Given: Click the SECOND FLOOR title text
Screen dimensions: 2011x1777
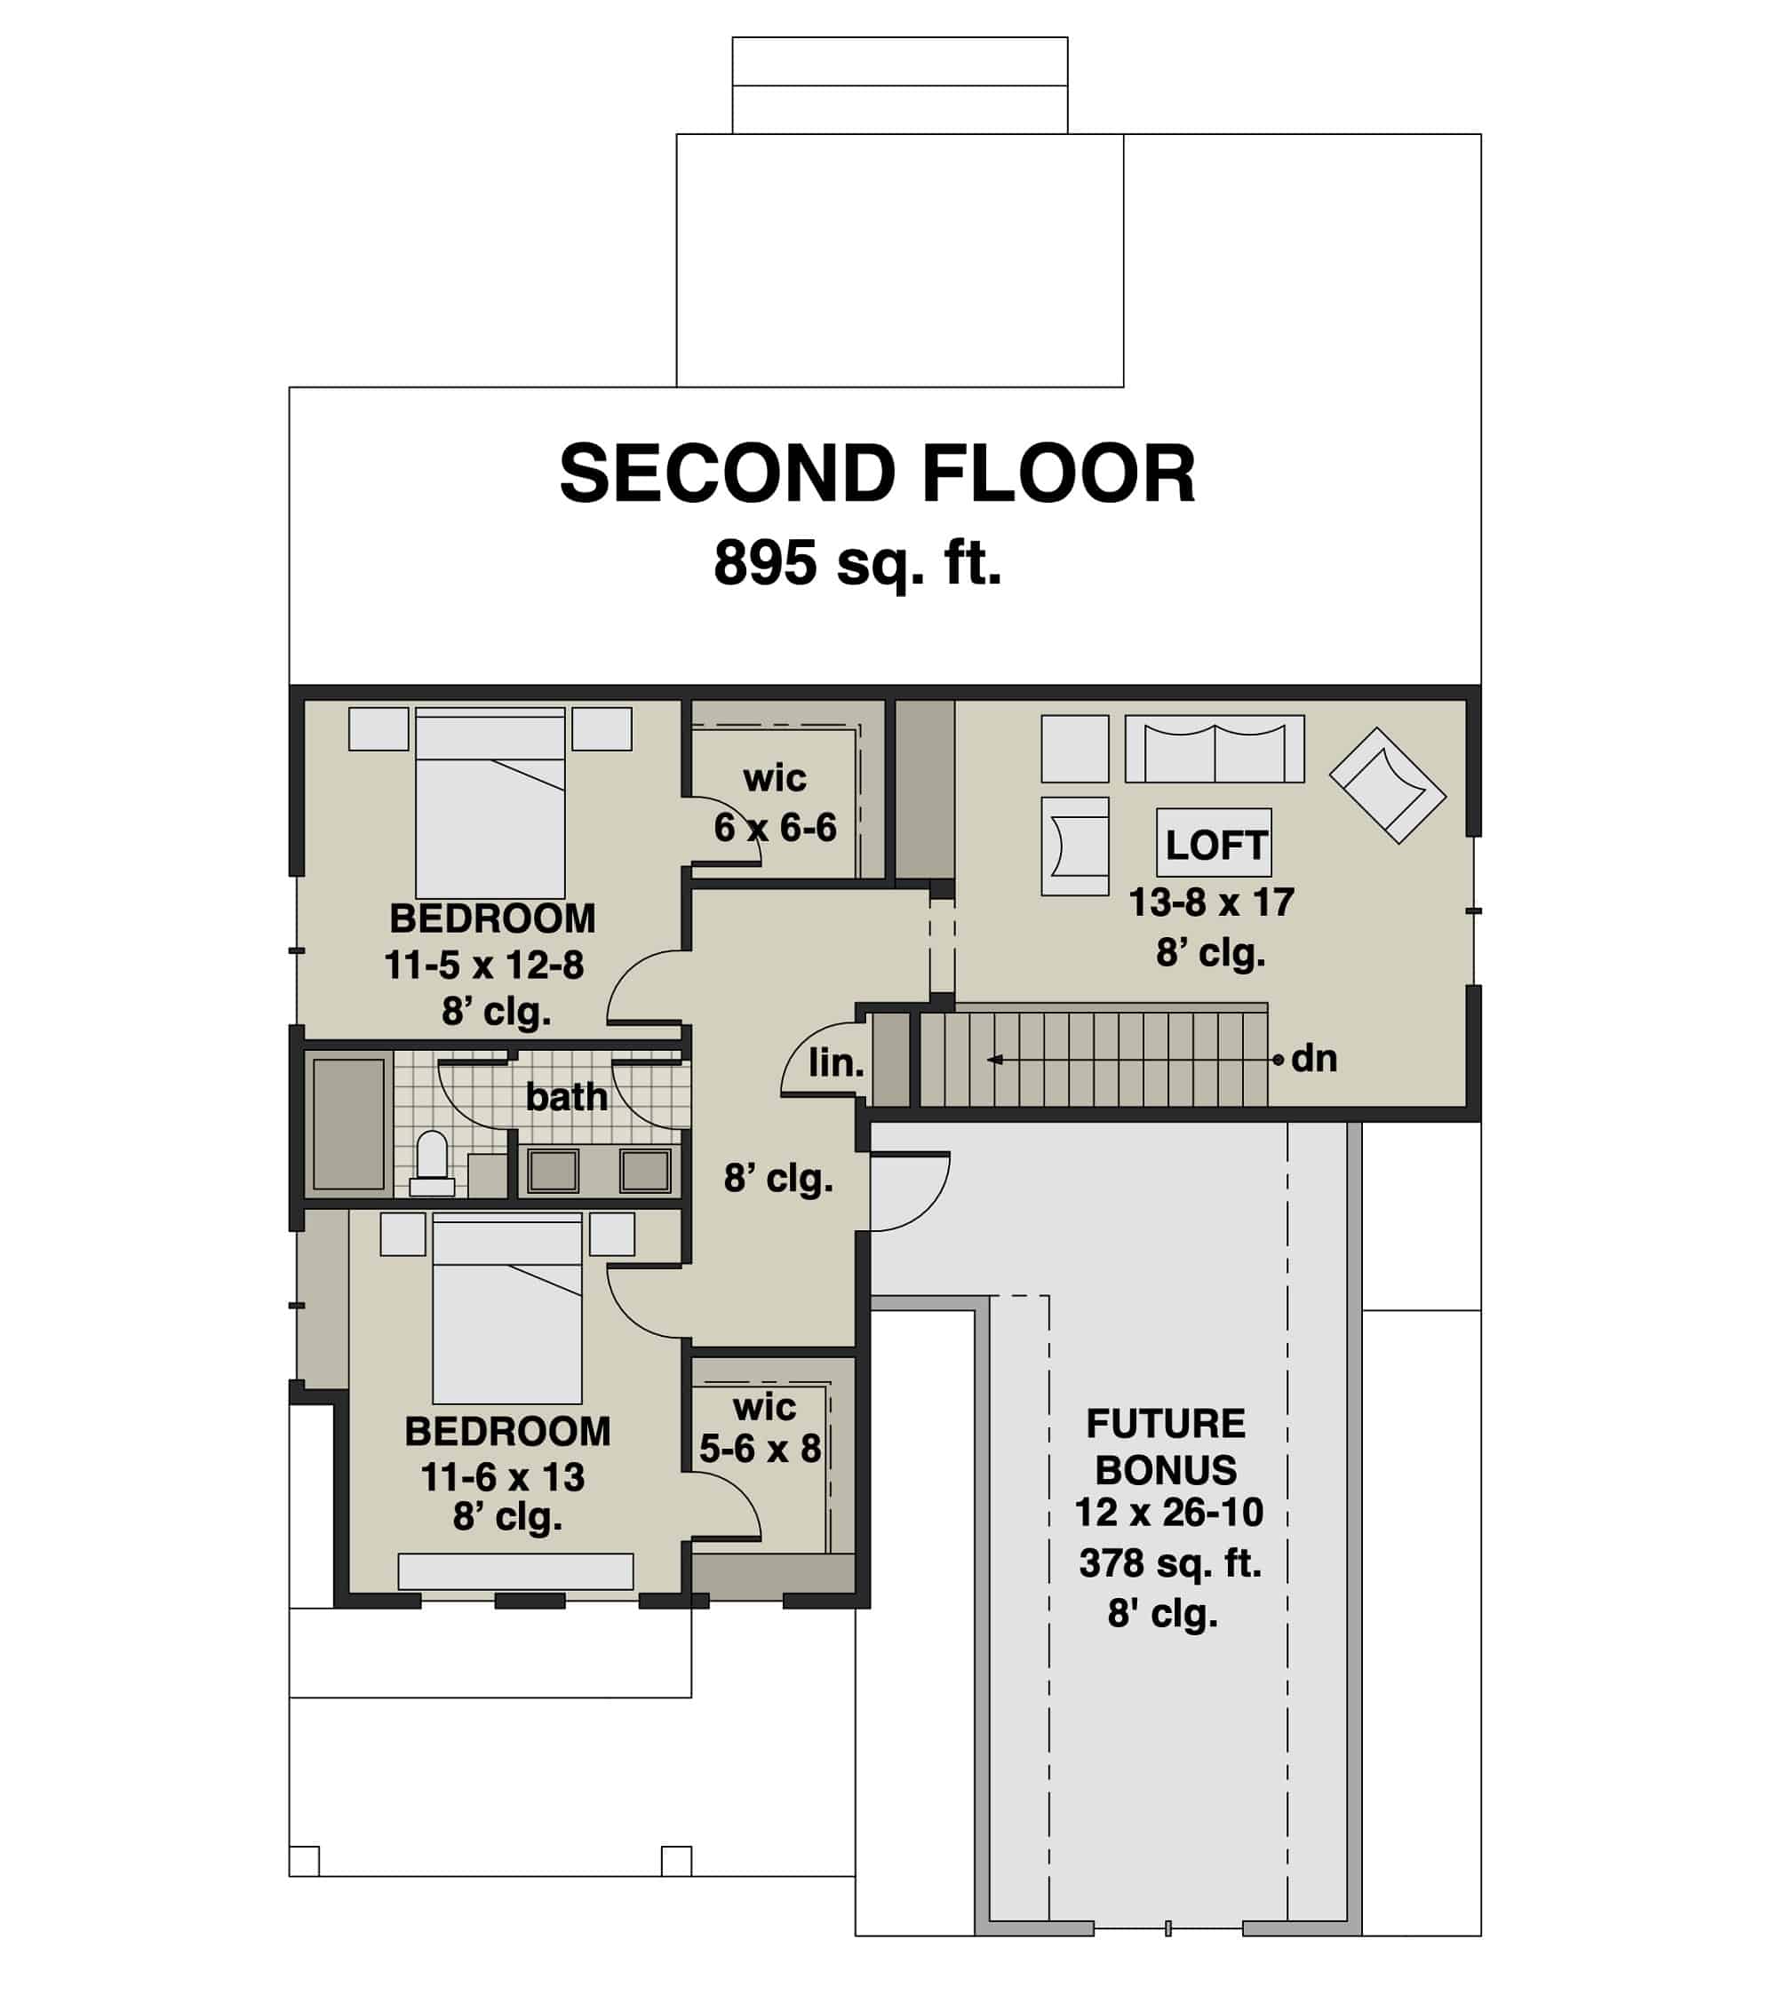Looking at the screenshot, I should point(877,474).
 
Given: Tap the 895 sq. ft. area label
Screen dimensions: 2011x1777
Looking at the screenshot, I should point(857,564).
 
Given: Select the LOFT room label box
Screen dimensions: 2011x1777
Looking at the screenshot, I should point(1215,844).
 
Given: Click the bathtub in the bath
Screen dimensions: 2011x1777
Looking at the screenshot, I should point(347,1124).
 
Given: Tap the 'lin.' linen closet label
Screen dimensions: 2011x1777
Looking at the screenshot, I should point(835,1062).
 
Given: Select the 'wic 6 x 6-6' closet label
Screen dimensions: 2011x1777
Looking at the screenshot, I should point(775,803).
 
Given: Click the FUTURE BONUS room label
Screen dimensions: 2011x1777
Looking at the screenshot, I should point(1166,1446).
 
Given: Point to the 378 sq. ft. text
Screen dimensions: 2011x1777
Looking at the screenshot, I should point(1170,1562).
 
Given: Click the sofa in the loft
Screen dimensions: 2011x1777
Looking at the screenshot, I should point(1215,750).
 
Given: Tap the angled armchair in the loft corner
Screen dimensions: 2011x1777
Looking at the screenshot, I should point(1386,785).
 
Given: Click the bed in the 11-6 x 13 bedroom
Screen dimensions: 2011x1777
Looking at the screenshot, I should point(506,1308).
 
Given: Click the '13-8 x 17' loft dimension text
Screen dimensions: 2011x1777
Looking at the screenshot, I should point(1210,902).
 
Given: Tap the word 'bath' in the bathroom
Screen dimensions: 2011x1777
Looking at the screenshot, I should point(566,1096).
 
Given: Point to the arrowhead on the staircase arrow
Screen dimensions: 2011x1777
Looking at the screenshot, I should point(995,1060).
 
